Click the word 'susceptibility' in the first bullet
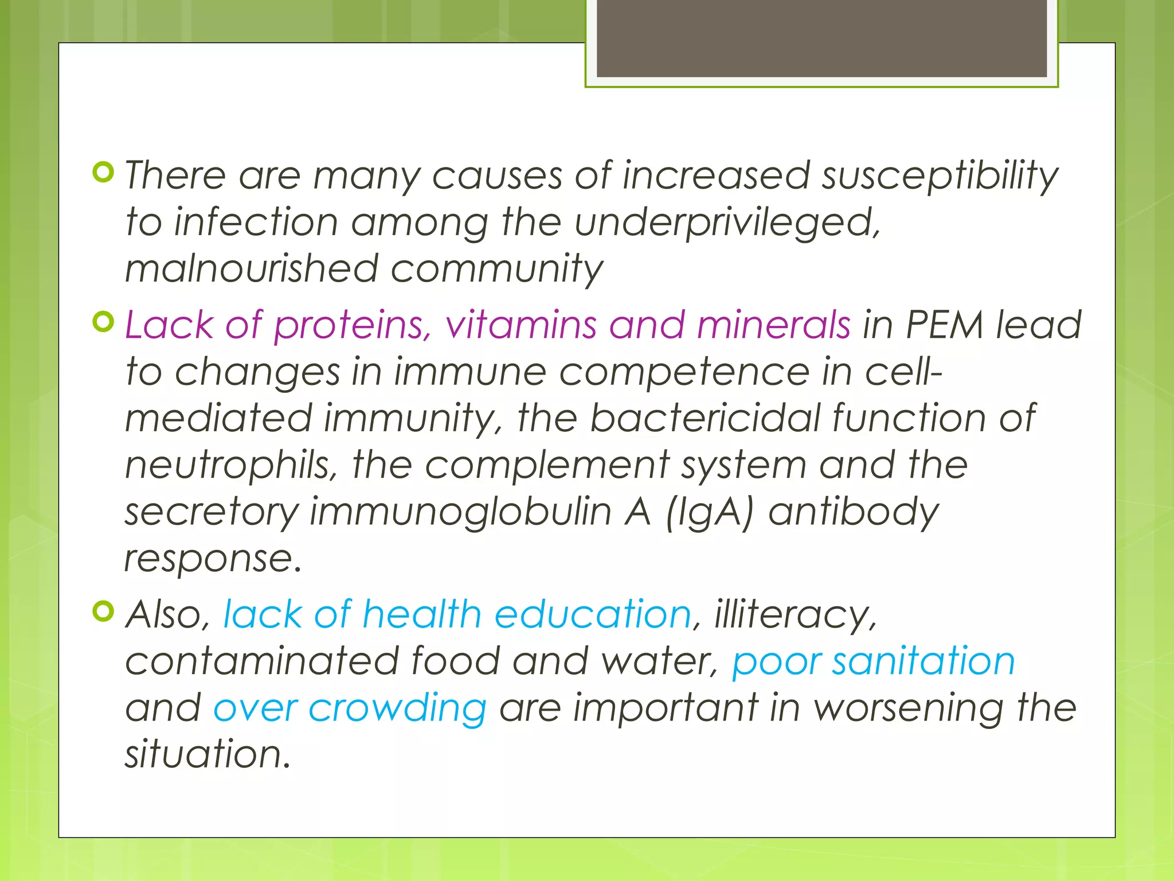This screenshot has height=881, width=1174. tap(940, 176)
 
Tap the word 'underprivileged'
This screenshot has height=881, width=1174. tap(726, 223)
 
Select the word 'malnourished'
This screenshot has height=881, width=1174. tap(251, 268)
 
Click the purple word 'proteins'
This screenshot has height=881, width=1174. tap(351, 326)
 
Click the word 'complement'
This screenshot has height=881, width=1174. tap(547, 465)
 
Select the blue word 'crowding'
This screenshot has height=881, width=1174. tap(397, 708)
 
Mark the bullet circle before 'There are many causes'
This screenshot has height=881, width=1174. tap(103, 171)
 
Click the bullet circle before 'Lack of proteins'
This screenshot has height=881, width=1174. tap(103, 322)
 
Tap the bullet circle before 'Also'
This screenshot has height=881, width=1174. tap(103, 611)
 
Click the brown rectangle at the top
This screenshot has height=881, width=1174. tap(821, 38)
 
